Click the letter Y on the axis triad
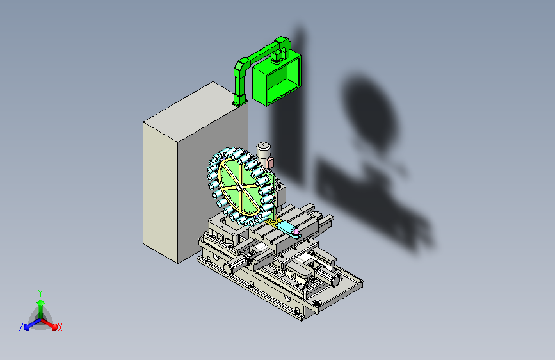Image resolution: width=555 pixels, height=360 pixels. coord(40,293)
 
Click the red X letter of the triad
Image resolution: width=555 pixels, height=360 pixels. coord(60,328)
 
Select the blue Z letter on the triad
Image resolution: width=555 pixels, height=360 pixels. coord(21,327)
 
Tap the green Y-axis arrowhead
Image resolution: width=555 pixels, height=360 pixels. coord(41,303)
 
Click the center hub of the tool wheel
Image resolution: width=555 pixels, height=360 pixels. coord(239,187)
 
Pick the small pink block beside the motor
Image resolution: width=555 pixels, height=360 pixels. coord(269,163)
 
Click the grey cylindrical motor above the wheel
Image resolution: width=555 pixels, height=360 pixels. coord(263,151)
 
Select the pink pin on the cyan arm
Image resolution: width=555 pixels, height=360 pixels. coord(296,231)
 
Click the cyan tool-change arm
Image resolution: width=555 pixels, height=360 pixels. coord(288,229)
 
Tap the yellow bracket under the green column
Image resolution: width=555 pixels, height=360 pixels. coord(273,223)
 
